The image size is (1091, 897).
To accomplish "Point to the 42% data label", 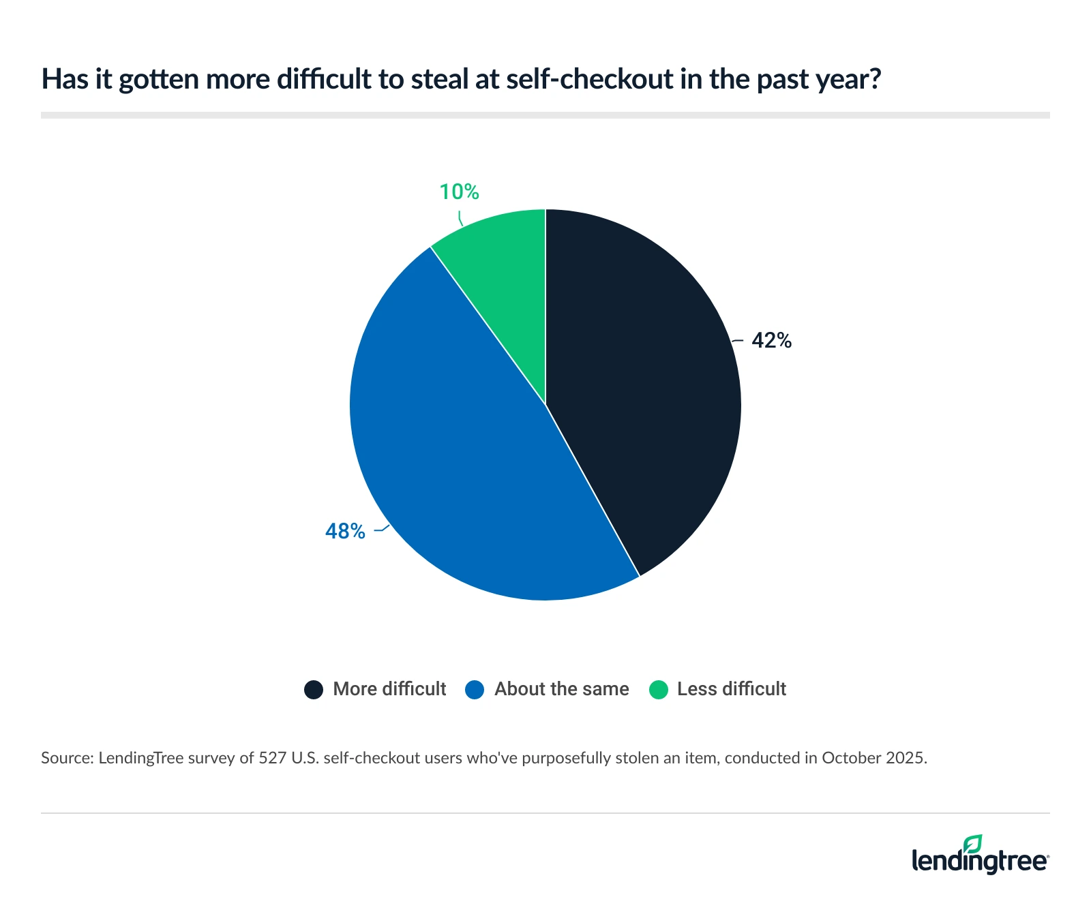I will pyautogui.click(x=771, y=340).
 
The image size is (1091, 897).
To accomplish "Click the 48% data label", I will pyautogui.click(x=345, y=531).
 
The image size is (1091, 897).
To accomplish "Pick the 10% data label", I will pyautogui.click(x=459, y=192).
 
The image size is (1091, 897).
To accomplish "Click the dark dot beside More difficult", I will pyautogui.click(x=314, y=689).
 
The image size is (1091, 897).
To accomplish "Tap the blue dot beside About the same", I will pyautogui.click(x=475, y=689).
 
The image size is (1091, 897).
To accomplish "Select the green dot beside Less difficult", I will pyautogui.click(x=658, y=689).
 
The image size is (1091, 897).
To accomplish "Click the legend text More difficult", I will pyautogui.click(x=389, y=689).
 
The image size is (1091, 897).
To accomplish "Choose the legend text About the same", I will pyautogui.click(x=561, y=689).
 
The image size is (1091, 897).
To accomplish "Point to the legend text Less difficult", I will pyautogui.click(x=731, y=689).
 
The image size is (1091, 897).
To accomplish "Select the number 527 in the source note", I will pyautogui.click(x=273, y=758).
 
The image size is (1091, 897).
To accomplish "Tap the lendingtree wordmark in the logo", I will pyautogui.click(x=979, y=861).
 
